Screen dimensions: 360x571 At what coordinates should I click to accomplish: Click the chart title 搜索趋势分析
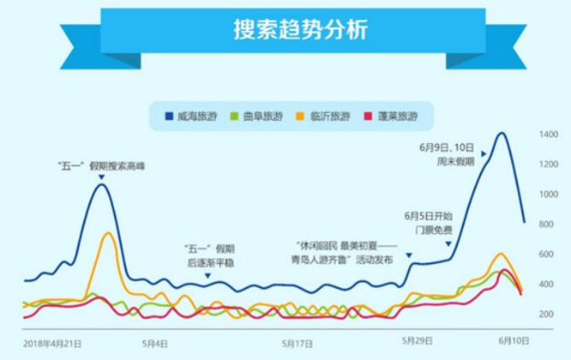point(286,31)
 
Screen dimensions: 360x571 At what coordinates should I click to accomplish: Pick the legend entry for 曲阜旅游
point(255,116)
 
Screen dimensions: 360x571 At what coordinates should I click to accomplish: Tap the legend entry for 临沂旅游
point(323,116)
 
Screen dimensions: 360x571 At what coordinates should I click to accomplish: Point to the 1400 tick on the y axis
point(549,135)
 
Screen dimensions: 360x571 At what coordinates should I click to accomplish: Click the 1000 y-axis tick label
point(549,195)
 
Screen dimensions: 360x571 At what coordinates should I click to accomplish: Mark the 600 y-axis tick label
point(549,255)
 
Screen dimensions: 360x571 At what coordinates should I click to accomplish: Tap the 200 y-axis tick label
point(549,315)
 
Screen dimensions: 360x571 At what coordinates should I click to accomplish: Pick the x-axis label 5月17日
point(297,344)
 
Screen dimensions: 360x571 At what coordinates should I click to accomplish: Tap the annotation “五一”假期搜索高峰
point(101,165)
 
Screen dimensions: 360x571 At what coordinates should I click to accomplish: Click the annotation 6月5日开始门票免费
point(428,223)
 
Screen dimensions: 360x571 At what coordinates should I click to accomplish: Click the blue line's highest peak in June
point(500,133)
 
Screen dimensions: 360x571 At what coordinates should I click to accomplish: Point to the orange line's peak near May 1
point(108,233)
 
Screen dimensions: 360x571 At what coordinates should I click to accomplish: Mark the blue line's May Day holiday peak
point(100,184)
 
